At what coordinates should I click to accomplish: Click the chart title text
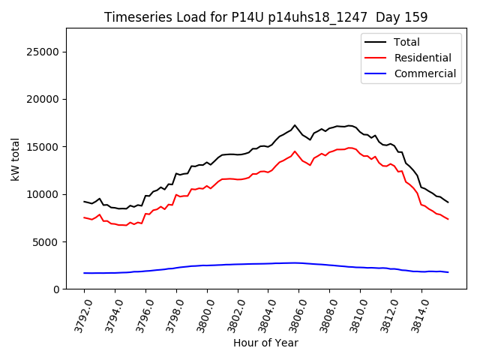tap(265, 17)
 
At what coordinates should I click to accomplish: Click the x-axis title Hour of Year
tap(265, 343)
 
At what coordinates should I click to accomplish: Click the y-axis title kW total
tap(15, 159)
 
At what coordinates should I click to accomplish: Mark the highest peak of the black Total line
tap(295, 125)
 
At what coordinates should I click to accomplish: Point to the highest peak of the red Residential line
tap(295, 151)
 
